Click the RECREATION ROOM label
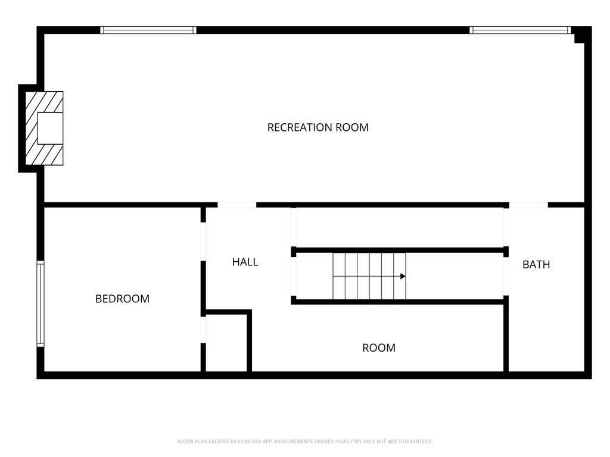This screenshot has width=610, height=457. pos(318,127)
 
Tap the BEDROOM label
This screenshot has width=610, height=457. pos(122,299)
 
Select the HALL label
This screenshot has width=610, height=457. pos(245,262)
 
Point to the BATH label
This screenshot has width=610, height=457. pos(536,265)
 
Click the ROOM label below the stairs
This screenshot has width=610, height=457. pos(379,348)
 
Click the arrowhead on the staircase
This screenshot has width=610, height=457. pos(403,276)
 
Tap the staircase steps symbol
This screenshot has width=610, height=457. pos(369,276)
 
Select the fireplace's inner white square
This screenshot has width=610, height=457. pos(50,129)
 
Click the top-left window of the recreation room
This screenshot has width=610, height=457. pos(148,30)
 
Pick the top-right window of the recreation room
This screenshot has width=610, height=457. pos(520,30)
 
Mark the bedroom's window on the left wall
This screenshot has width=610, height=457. pos(41,304)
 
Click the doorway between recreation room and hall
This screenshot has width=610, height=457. pos(237,205)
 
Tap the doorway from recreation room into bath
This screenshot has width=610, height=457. pos(528,205)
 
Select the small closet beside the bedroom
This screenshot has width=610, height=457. pos(226,342)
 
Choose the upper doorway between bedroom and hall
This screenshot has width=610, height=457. pos(203,242)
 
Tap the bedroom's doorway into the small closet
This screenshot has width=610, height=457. pos(203,330)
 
